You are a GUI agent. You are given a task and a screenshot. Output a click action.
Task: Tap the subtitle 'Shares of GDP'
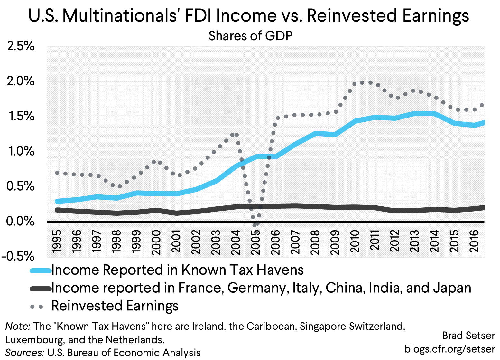pos(250,36)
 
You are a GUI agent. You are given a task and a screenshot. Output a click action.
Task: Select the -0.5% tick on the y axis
pos(18,257)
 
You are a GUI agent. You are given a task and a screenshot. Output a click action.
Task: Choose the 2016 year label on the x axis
pos(474,242)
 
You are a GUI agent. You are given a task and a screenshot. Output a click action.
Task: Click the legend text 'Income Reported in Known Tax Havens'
pos(177,270)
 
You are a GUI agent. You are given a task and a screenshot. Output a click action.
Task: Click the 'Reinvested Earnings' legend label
pos(115,306)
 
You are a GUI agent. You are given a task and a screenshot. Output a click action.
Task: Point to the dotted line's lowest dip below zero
pos(255,225)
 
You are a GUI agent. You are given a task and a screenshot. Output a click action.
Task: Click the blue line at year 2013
pos(415,114)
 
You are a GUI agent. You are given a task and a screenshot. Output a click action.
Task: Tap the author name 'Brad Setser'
pos(468,336)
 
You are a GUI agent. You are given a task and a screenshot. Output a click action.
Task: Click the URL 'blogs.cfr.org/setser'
pos(449,349)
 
